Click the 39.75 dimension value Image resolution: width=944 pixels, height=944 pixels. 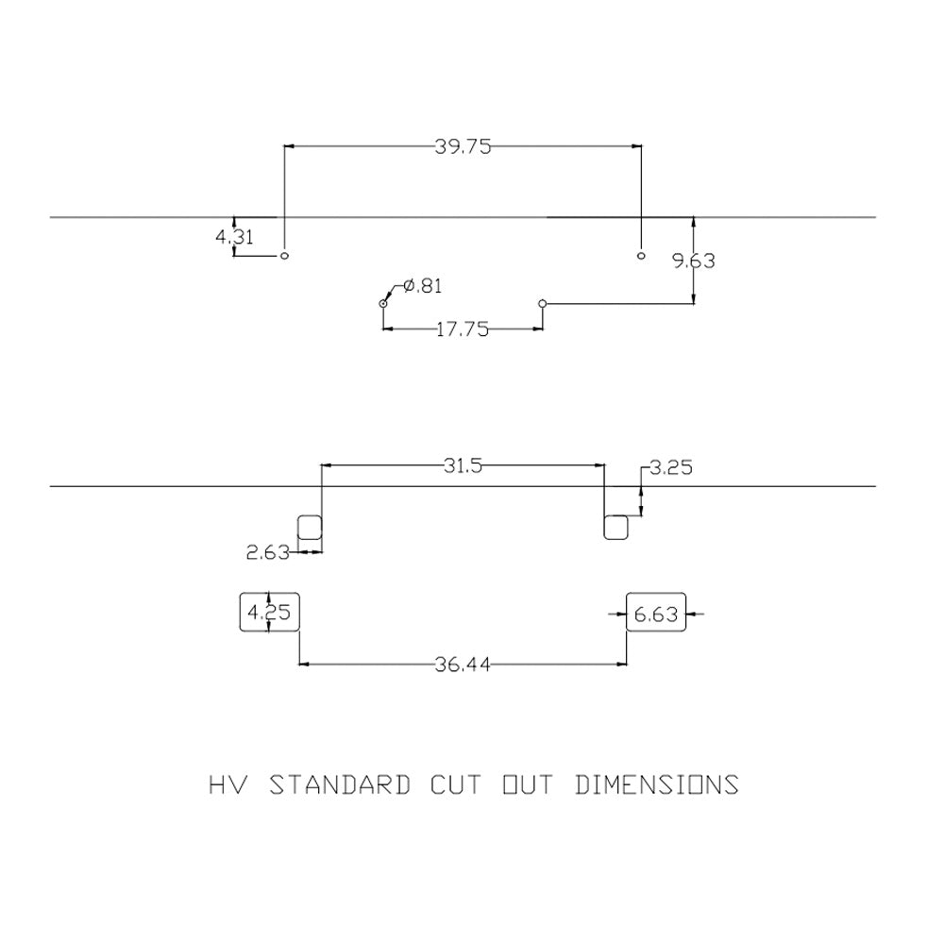463,147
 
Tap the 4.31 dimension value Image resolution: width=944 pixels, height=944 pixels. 234,237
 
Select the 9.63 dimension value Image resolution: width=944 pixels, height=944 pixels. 694,261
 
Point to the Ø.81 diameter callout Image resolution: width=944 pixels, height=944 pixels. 422,285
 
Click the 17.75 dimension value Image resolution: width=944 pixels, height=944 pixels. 463,329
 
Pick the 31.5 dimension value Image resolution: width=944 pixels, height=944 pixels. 463,465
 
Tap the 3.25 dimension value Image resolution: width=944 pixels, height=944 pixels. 671,467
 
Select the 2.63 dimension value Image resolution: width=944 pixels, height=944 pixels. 268,552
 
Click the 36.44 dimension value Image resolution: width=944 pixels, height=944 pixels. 463,665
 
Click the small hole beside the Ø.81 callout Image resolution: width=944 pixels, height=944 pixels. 383,303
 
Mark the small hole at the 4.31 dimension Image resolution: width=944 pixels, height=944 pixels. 285,256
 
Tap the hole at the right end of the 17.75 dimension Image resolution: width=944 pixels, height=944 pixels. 543,303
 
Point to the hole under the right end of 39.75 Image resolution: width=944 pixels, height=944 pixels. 641,256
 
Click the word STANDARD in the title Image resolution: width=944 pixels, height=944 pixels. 340,785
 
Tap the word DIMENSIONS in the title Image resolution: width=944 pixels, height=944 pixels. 657,785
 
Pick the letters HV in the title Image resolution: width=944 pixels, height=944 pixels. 228,785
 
